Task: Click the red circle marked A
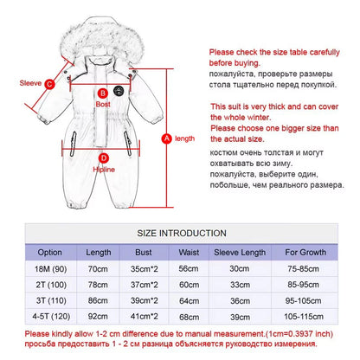coord(166,138)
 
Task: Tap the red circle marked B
coord(103,93)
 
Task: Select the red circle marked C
coord(49,84)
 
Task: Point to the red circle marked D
coord(104,158)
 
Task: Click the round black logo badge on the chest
coord(118,91)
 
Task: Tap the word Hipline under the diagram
coord(104,170)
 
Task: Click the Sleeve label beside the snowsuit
coord(30,83)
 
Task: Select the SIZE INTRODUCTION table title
coord(182,233)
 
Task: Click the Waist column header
coord(189,253)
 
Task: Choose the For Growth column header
coord(305,253)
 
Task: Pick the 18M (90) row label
coord(51,269)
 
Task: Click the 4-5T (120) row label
coord(51,317)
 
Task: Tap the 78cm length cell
coord(98,285)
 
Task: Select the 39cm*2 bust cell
coord(145,300)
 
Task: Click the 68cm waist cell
coord(190,317)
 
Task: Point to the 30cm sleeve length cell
coord(240,269)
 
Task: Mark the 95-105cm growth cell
coord(303,300)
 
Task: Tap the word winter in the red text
coord(259,118)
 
